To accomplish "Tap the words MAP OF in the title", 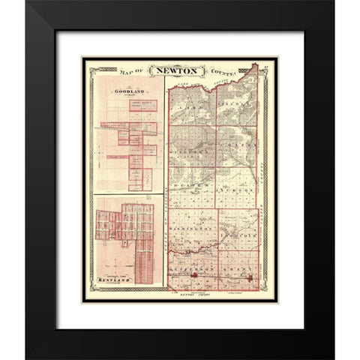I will click(x=135, y=73).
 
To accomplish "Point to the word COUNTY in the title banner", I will click(x=225, y=72).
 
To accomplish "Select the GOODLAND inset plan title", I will click(x=126, y=92).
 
